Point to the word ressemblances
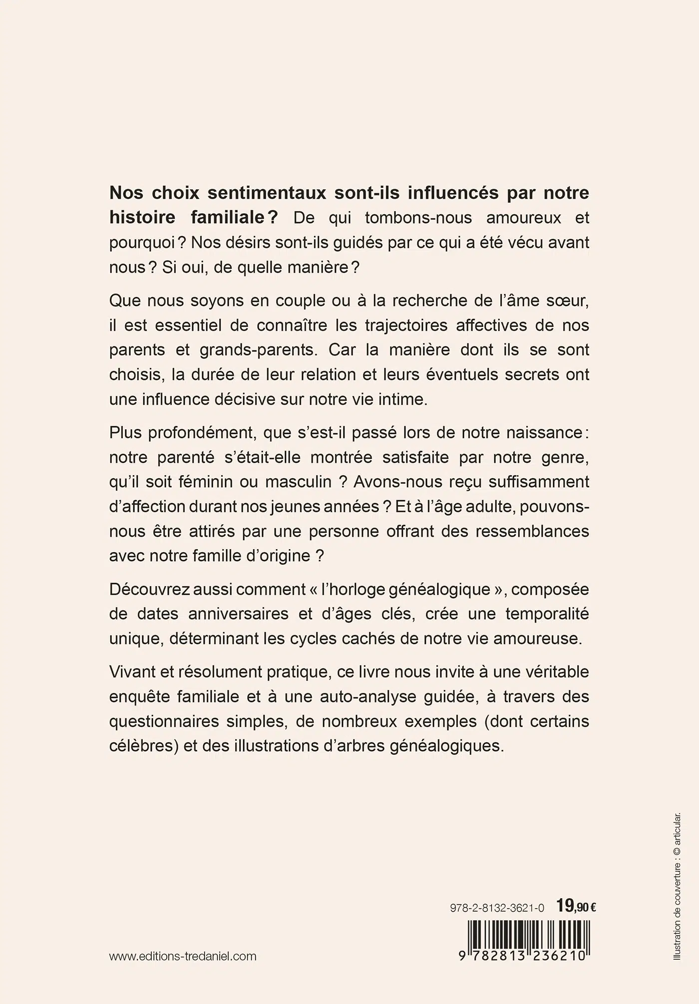click(532, 531)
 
